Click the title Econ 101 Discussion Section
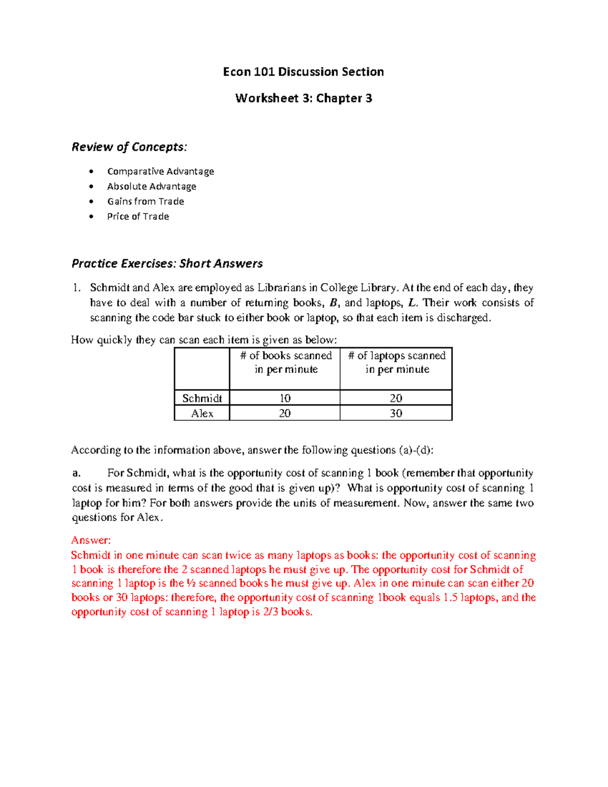tap(303, 72)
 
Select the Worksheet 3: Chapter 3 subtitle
tap(303, 98)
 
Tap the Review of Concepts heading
tap(129, 147)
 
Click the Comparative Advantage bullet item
tap(160, 171)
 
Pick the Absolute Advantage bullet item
tap(151, 186)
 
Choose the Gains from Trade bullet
tap(145, 201)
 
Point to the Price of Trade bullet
tap(138, 216)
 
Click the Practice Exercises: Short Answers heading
tap(167, 264)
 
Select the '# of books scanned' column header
tap(286, 362)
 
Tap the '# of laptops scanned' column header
tap(397, 362)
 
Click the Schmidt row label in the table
tap(202, 398)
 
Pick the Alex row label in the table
tap(202, 414)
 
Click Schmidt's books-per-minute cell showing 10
tap(285, 398)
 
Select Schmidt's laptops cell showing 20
tap(396, 398)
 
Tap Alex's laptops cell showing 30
tap(396, 414)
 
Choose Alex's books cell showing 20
tap(285, 414)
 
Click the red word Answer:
tap(91, 540)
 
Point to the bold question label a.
tap(76, 473)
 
